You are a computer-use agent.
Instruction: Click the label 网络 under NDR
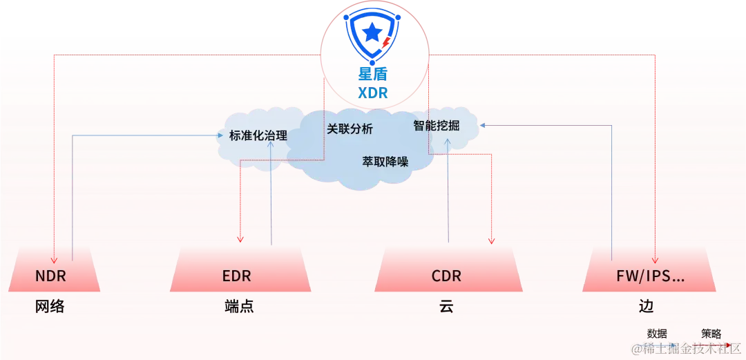(50, 307)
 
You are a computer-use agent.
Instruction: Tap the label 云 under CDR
(446, 307)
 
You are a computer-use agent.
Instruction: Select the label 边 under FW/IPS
(647, 307)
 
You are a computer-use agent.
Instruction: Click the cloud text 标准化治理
(258, 135)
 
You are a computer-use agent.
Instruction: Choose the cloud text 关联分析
(350, 129)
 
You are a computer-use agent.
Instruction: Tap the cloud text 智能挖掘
(436, 126)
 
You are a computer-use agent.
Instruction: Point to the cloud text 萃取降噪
(385, 162)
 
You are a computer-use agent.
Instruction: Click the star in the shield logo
(372, 32)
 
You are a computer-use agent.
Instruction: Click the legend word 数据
(657, 333)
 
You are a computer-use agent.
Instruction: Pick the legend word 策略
(711, 333)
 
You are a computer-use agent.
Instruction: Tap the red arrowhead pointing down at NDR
(54, 243)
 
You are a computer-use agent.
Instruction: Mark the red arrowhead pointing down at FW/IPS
(654, 243)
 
